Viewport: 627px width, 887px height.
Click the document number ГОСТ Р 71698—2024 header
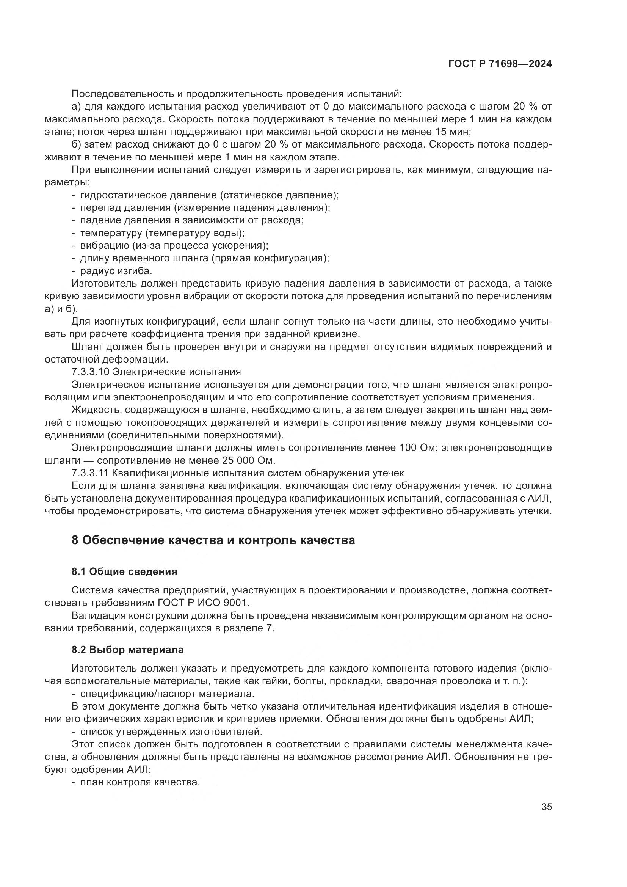[x=500, y=64]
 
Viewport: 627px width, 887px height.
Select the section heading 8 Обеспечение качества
[x=213, y=540]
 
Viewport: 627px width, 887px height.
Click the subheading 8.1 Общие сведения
[x=124, y=572]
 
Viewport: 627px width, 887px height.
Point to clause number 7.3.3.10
[x=91, y=372]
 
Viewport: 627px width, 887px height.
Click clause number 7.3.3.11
[x=91, y=473]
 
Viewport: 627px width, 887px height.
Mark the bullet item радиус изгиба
[x=116, y=271]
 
